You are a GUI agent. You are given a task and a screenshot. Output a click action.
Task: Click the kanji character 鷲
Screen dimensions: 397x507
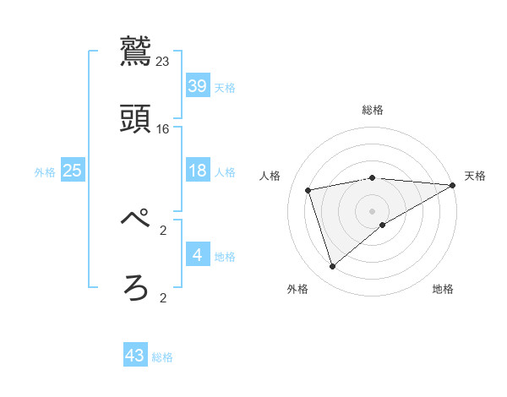pos(136,51)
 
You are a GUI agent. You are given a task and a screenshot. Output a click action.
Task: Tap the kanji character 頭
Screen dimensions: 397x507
pos(136,118)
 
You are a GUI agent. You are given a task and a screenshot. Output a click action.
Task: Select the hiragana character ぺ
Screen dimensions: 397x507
pos(136,220)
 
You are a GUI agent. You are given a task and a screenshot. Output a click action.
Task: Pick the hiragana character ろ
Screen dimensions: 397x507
pos(136,287)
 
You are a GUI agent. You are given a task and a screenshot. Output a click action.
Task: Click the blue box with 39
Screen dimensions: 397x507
pos(198,86)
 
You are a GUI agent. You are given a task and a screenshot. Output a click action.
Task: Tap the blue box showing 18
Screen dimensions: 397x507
pos(198,171)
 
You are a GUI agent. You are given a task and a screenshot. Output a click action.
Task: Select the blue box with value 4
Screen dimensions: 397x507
pos(198,255)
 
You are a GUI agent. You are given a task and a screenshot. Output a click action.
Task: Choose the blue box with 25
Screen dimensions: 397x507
pos(73,171)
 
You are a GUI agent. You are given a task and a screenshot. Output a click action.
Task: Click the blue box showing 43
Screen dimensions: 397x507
pos(135,356)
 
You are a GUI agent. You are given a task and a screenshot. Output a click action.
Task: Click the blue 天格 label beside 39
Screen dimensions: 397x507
pos(225,88)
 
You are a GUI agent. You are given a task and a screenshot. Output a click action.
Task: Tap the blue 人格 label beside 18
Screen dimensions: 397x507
pos(225,172)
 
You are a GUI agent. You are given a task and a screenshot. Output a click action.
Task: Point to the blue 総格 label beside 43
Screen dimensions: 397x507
pos(163,357)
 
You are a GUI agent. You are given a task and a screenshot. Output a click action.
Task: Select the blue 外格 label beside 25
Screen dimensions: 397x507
pos(45,172)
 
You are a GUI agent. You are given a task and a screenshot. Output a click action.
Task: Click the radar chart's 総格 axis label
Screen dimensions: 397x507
pos(373,110)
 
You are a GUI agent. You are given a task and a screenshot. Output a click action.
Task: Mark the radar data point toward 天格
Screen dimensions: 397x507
pos(453,185)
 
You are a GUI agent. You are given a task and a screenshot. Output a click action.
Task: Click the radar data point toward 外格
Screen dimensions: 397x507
pos(332,267)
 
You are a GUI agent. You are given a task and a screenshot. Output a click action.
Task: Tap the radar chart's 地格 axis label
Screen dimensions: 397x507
pos(443,290)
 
